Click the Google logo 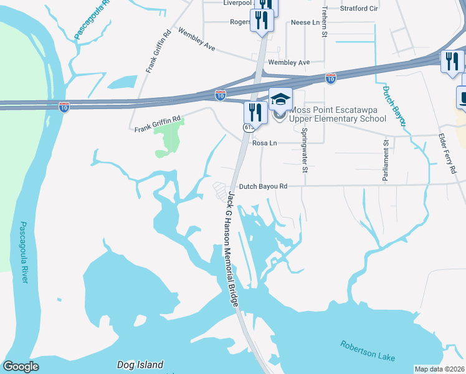coord(21,367)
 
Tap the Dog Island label coord(140,365)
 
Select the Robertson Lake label coord(368,350)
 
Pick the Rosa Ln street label coord(264,143)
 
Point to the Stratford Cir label coord(359,9)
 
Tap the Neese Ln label coord(305,22)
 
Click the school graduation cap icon coord(280,100)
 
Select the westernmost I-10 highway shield coord(64,107)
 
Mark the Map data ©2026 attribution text coord(440,369)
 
